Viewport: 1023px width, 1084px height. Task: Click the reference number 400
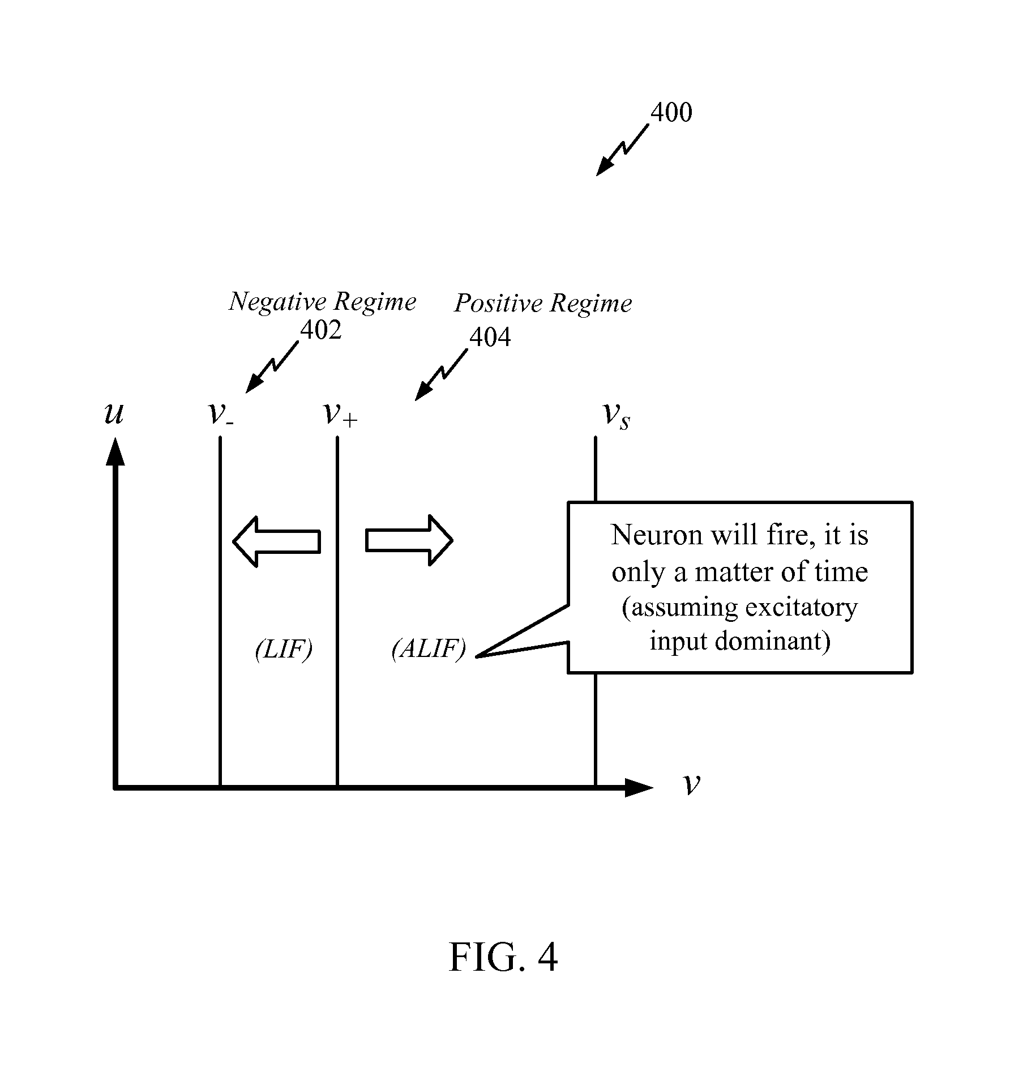(x=671, y=113)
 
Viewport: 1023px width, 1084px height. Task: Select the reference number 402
(x=320, y=330)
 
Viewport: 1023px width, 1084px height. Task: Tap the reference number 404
(x=490, y=338)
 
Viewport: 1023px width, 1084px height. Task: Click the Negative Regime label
(x=322, y=302)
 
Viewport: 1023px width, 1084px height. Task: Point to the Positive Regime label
(x=543, y=304)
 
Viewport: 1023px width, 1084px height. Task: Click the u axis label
(x=114, y=414)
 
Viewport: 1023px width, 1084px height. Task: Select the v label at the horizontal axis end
(x=692, y=784)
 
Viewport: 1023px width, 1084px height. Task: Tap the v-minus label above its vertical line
(x=221, y=414)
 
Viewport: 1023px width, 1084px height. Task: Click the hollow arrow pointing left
(x=277, y=541)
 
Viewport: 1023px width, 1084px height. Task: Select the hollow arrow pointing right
(x=409, y=540)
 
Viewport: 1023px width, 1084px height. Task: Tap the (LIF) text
(x=284, y=650)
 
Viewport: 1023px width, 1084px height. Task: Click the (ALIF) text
(x=429, y=648)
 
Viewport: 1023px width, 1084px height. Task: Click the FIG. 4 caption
(x=503, y=958)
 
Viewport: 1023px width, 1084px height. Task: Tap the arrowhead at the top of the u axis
(x=115, y=451)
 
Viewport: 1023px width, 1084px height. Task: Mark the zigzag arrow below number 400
(x=622, y=151)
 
